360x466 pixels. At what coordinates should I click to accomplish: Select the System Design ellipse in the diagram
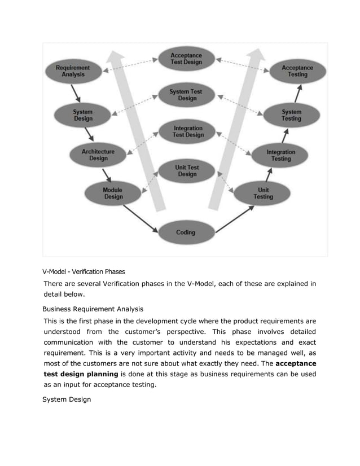click(x=83, y=115)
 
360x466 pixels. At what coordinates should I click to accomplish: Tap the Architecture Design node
click(x=98, y=155)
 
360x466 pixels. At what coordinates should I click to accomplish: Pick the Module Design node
click(x=113, y=194)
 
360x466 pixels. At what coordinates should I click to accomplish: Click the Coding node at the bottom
click(x=186, y=232)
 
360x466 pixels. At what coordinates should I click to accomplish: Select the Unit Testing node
click(x=263, y=194)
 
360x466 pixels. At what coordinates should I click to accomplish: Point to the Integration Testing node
click(x=280, y=155)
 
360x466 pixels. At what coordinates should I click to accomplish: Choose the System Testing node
click(x=291, y=115)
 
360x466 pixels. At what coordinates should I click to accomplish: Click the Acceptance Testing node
click(x=297, y=71)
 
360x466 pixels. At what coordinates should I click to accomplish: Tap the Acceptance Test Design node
click(x=186, y=59)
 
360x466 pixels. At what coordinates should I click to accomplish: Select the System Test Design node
click(x=187, y=95)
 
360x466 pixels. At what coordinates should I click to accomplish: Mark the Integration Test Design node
click(x=187, y=131)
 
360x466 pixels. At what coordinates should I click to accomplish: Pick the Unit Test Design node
click(x=187, y=170)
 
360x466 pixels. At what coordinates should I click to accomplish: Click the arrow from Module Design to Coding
click(x=140, y=218)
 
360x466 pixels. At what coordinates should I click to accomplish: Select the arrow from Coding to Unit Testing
click(x=235, y=219)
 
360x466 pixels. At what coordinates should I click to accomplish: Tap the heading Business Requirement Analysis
click(x=93, y=309)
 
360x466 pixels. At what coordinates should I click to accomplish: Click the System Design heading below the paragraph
click(x=67, y=400)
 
